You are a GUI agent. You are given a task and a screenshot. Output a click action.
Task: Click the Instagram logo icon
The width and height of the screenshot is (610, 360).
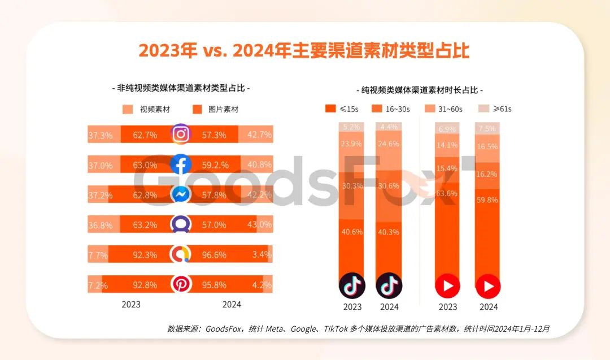click(x=181, y=135)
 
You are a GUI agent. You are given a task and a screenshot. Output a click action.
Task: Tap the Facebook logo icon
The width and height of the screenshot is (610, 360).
click(x=181, y=164)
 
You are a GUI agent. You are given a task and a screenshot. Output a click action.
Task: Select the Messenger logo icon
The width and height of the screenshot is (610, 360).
click(x=181, y=194)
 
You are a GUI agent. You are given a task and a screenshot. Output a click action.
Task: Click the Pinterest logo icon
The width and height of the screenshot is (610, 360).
click(x=181, y=285)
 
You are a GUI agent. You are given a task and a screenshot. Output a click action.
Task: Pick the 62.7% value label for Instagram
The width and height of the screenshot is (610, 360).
click(x=145, y=135)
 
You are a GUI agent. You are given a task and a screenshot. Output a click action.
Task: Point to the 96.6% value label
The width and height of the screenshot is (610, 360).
click(x=214, y=255)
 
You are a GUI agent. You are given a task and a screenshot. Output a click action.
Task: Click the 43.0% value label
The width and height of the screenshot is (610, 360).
click(x=260, y=225)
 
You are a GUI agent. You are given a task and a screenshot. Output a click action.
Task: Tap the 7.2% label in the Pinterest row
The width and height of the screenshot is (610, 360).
click(x=98, y=285)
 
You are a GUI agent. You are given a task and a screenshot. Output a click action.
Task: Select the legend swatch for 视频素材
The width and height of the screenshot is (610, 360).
click(x=128, y=109)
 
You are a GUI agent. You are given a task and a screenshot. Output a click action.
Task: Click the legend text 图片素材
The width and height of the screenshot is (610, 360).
click(x=223, y=109)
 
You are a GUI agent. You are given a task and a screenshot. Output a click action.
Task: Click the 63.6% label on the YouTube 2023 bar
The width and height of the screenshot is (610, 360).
click(x=447, y=193)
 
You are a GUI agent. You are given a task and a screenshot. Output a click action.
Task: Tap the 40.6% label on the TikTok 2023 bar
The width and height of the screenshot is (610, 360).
click(x=352, y=231)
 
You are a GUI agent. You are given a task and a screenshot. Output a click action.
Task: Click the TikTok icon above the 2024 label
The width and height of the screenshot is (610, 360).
click(x=389, y=285)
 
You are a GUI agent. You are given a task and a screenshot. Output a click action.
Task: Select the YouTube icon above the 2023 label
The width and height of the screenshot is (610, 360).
click(x=447, y=286)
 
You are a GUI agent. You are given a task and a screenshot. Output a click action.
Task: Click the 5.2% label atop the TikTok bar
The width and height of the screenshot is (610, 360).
click(x=352, y=127)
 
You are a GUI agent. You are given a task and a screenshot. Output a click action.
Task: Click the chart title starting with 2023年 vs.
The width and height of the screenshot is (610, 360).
click(x=304, y=50)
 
